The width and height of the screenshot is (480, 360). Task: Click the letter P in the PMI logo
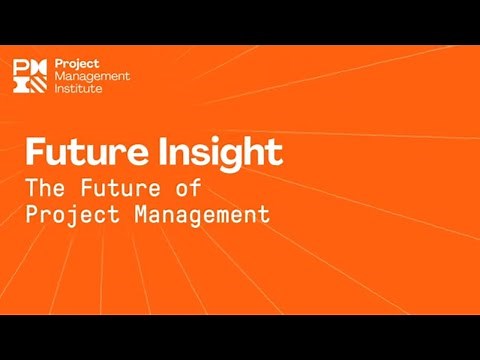point(19,66)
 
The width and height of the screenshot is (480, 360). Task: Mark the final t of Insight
point(275,154)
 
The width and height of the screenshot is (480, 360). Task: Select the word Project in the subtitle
point(70,213)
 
